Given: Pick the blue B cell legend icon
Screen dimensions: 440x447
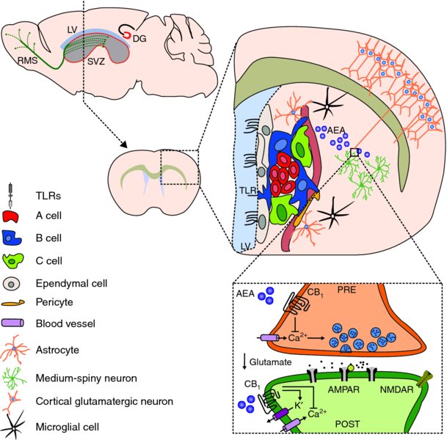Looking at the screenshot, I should (13, 237).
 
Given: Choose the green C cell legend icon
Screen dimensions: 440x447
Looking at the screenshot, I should (13, 260).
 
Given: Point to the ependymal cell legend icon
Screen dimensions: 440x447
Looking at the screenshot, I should (12, 283).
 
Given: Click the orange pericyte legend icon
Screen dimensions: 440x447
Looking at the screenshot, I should (14, 302).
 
